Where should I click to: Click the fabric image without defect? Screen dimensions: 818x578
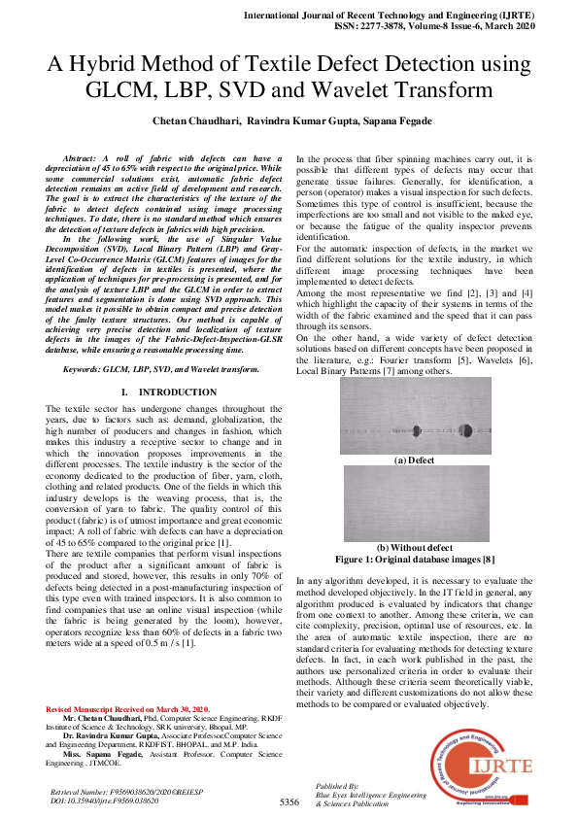tap(417, 503)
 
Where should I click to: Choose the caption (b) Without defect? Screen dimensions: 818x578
tap(416, 548)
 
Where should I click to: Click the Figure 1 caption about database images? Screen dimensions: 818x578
tap(416, 561)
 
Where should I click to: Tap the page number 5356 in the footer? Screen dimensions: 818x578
tap(289, 802)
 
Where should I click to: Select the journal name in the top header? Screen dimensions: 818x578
tap(411, 17)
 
